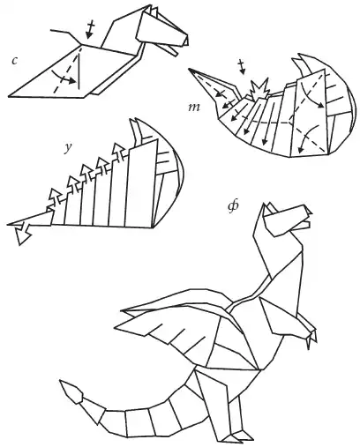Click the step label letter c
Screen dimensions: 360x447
[x=15, y=61]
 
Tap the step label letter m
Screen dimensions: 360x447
[x=194, y=108]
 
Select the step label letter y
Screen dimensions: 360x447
[x=68, y=149]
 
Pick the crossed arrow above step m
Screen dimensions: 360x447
[x=242, y=67]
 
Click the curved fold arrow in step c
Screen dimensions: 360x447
[x=63, y=77]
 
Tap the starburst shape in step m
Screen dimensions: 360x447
[x=259, y=88]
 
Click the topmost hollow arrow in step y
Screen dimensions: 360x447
[x=118, y=150]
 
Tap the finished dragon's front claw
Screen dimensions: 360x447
[x=311, y=338]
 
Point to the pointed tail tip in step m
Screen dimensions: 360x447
[x=191, y=71]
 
